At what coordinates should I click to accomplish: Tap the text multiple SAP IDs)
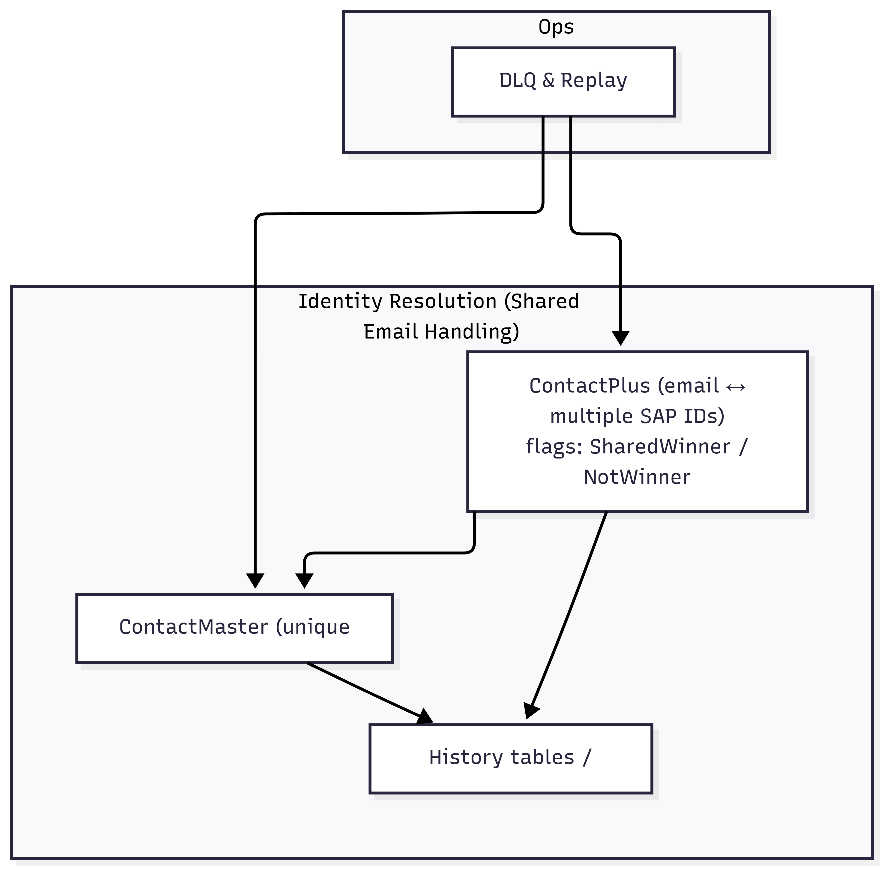click(x=637, y=416)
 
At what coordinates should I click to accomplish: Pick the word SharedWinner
click(x=660, y=446)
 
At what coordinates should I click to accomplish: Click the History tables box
click(x=511, y=779)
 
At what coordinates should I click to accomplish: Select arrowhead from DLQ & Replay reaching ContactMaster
click(x=255, y=580)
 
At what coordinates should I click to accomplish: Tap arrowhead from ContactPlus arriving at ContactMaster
click(x=304, y=580)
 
